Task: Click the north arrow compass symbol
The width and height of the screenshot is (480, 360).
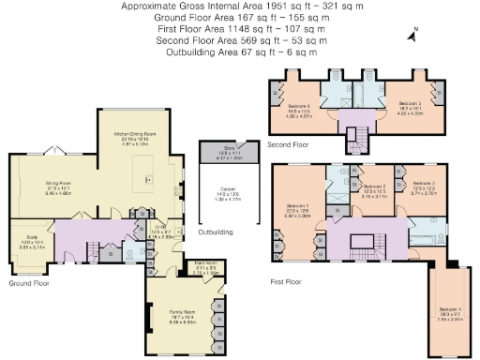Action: pos(412,36)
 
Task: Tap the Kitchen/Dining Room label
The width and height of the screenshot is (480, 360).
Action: pos(135,137)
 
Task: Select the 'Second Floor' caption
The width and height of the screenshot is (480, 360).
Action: pos(289,145)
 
